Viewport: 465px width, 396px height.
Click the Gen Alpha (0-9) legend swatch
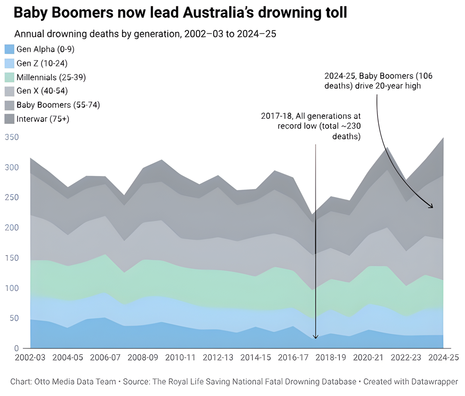click(9, 49)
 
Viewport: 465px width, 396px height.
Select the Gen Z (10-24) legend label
click(42, 63)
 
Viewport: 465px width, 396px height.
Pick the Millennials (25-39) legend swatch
click(9, 77)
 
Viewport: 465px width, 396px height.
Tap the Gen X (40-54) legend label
click(42, 91)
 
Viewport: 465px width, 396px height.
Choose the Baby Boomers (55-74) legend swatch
click(9, 105)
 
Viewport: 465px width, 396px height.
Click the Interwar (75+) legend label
click(43, 119)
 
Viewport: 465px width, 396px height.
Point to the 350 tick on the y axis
click(11, 137)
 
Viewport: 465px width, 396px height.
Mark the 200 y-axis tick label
click(11, 228)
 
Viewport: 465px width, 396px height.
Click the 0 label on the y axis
click(16, 348)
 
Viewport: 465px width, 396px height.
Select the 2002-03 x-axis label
click(30, 357)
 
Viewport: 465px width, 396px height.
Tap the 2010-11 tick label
click(180, 357)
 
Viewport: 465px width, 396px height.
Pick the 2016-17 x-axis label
click(293, 357)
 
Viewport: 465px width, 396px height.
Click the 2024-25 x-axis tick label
click(443, 357)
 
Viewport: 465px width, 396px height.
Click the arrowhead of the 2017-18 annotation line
click(315, 337)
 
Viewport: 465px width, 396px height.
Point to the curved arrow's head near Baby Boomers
click(432, 207)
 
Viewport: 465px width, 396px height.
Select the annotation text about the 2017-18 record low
click(311, 126)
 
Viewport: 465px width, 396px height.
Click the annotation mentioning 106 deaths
click(378, 81)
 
